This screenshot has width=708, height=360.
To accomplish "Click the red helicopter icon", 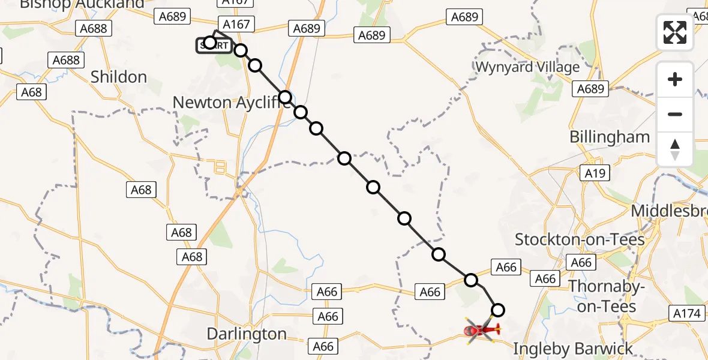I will click(x=482, y=329).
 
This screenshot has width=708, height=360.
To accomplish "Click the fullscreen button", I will click(x=675, y=32).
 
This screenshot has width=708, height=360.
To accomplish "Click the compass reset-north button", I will click(x=675, y=149).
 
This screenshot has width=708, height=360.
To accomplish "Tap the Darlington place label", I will click(x=246, y=334).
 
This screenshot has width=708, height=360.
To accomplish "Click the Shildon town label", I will click(x=119, y=77).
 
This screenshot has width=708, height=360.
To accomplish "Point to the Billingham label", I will click(x=610, y=137).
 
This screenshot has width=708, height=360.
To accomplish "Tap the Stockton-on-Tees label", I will click(x=580, y=240).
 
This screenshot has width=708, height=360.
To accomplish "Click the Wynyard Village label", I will click(x=527, y=67).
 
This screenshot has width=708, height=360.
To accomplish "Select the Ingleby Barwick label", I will click(x=574, y=349).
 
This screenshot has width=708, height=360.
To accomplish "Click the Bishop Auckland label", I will click(x=82, y=5).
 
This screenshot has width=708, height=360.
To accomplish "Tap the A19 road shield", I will click(x=595, y=173).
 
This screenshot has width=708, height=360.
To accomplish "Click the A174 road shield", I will click(x=686, y=313).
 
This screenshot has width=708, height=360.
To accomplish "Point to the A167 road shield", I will click(x=237, y=24).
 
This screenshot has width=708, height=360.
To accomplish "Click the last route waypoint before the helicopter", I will click(x=498, y=310).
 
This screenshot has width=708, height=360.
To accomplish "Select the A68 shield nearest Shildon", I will click(x=32, y=92).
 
